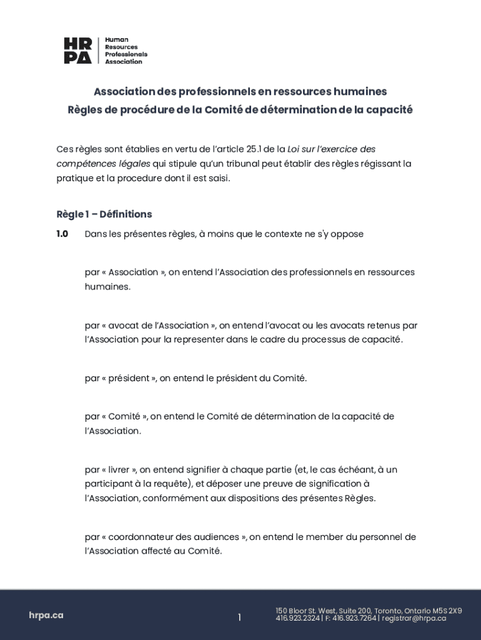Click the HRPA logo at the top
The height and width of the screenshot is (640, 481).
click(105, 51)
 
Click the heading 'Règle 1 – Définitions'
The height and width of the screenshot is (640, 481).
click(104, 214)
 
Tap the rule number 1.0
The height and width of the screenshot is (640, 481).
click(62, 234)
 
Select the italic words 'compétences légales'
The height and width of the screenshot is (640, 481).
click(103, 164)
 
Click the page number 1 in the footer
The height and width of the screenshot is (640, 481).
click(239, 617)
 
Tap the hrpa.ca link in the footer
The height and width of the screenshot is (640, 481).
click(46, 615)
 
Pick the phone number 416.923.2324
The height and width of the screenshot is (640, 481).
click(297, 619)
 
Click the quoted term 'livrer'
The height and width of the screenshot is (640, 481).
click(119, 469)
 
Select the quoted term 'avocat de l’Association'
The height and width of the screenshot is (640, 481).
click(159, 326)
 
